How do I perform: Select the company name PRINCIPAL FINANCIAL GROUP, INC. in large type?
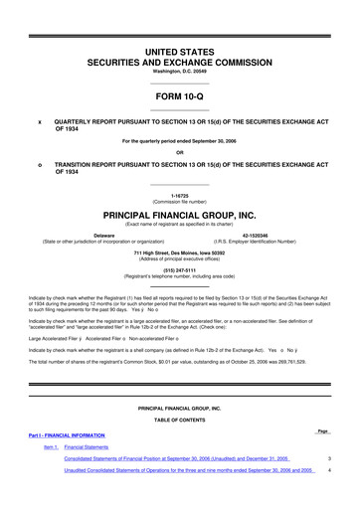(179, 214)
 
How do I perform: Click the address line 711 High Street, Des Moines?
(179, 253)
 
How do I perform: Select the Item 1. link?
(50, 447)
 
